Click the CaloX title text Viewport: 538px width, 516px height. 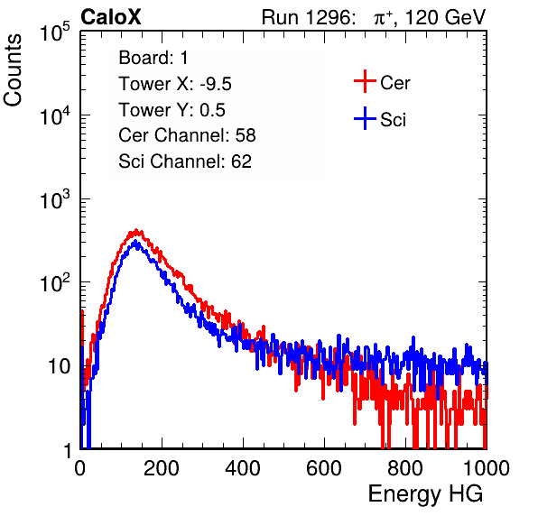coord(110,17)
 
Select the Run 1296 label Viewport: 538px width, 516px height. coord(308,17)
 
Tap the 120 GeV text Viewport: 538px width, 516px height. coord(445,17)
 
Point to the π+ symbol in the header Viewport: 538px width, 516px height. coord(383,18)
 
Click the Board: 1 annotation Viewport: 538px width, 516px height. coord(153,58)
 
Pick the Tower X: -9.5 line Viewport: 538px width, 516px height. coord(175,84)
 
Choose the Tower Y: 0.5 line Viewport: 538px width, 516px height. coord(172,110)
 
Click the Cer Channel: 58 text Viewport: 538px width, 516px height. coord(187,135)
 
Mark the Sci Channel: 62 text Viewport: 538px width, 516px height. coord(185,161)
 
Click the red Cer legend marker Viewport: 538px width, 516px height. coord(365,81)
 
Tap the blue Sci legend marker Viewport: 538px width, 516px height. coord(365,119)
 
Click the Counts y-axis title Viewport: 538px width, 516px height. coord(13,70)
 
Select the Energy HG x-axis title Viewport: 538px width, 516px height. coord(425,494)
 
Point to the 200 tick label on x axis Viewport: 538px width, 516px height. coord(162,468)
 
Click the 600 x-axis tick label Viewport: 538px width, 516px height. coord(324,468)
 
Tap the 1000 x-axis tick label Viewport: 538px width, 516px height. coord(487,468)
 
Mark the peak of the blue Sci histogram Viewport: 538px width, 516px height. coord(135,242)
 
